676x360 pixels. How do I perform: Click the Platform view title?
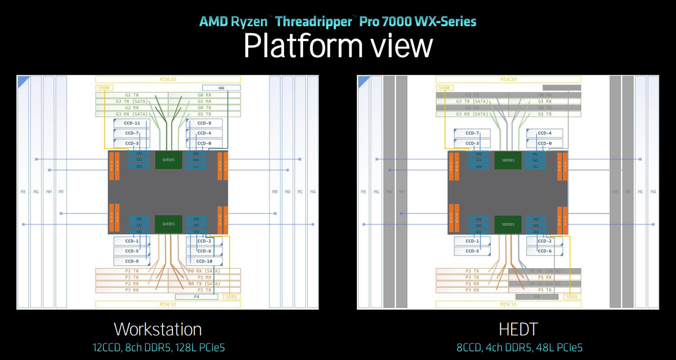coord(338,46)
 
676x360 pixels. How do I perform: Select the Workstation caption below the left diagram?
coord(158,329)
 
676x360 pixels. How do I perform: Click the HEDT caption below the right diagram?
coord(518,329)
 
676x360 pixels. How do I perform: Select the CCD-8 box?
coord(204,123)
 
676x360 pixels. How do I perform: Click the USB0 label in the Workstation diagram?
coord(105,88)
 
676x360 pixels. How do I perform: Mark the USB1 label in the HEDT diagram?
coord(572,296)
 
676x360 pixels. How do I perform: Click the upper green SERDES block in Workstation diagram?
coord(168,160)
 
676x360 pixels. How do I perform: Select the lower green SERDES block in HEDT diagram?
coord(508,224)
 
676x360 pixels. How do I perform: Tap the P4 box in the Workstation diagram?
coord(196,296)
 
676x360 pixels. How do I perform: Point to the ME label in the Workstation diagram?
coord(23,192)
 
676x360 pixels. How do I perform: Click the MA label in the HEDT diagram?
coord(653,192)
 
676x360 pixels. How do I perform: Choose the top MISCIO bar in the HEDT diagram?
coord(508,80)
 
